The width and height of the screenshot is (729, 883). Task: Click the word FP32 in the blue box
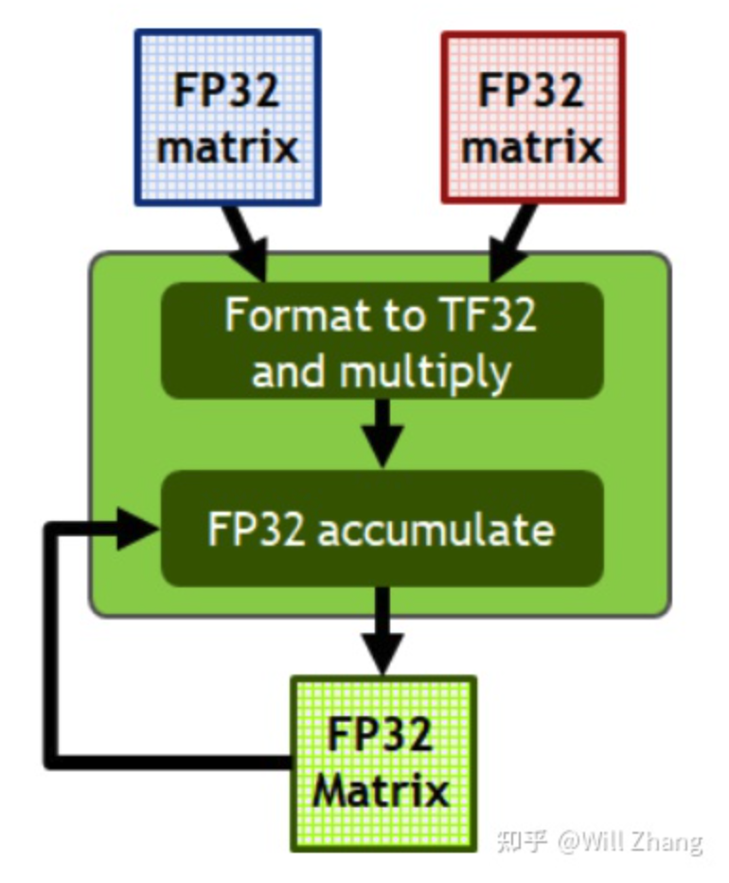227,92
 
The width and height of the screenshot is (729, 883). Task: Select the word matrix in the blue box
227,148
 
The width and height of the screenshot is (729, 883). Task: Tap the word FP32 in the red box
532,92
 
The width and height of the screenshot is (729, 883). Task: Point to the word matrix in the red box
532,148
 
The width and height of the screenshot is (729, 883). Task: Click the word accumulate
436,530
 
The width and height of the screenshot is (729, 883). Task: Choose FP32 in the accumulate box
256,530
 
